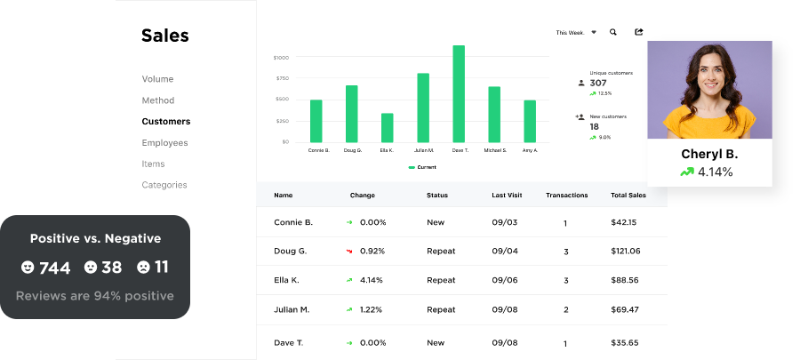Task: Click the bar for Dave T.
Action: point(459,93)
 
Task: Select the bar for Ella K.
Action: point(387,127)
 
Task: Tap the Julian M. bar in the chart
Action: point(423,108)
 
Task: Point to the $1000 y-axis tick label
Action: point(281,57)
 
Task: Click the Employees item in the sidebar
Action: point(165,142)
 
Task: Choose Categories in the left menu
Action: point(164,185)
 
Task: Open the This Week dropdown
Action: point(576,32)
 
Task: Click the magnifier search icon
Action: point(613,32)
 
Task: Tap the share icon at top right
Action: point(638,32)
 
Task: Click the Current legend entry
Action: point(422,167)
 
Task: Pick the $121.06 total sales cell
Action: point(625,252)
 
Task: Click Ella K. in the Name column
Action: point(288,280)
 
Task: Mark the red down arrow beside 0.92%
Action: point(350,252)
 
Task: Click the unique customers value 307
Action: point(598,83)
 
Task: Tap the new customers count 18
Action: point(595,126)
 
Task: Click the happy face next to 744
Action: point(28,267)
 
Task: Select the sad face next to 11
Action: point(143,267)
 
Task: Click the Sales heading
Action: point(165,36)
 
